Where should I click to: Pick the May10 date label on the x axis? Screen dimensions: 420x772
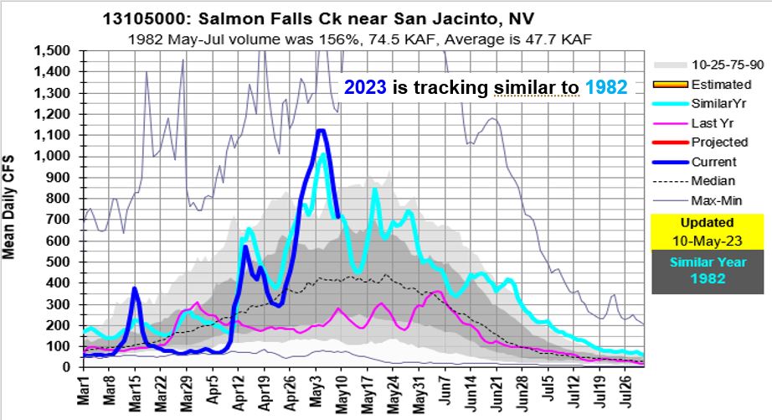click(342, 392)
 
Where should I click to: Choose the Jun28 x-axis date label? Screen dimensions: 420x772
click(522, 392)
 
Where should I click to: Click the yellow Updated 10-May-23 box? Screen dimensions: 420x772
click(707, 231)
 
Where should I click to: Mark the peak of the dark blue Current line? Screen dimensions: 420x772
click(320, 130)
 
